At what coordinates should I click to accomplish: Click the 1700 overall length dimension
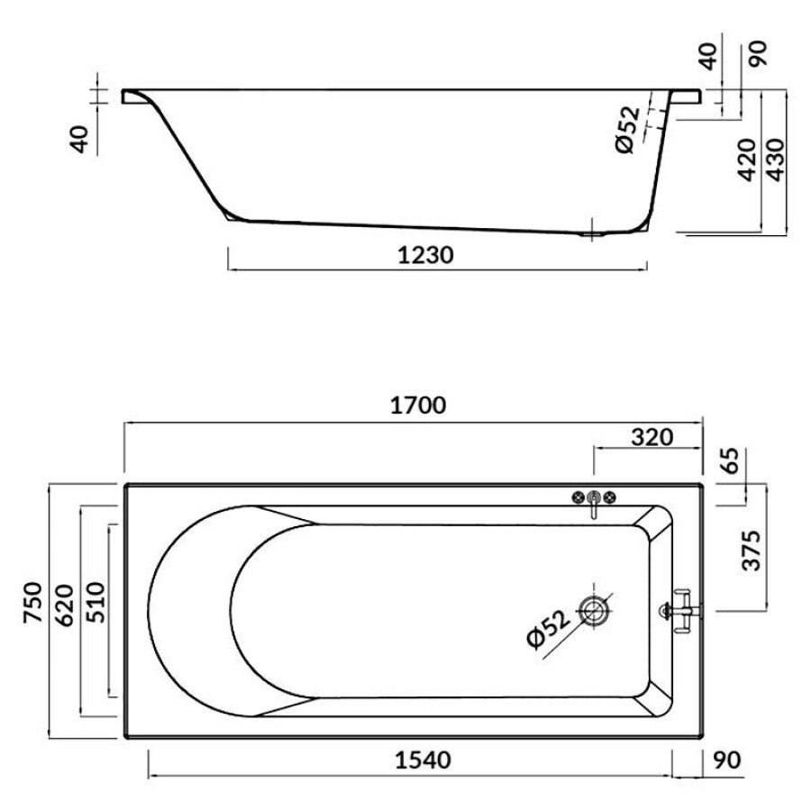pyautogui.click(x=417, y=405)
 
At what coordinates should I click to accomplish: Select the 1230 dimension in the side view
pyautogui.click(x=425, y=255)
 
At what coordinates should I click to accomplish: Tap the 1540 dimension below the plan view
pyautogui.click(x=423, y=760)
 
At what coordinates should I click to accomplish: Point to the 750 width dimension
pyautogui.click(x=32, y=602)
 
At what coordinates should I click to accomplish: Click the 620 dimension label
pyautogui.click(x=65, y=606)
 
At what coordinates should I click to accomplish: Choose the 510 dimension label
pyautogui.click(x=96, y=602)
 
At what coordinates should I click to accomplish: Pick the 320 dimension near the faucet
pyautogui.click(x=652, y=438)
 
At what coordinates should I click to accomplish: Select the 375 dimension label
pyautogui.click(x=752, y=551)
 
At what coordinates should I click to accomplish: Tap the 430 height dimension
pyautogui.click(x=775, y=159)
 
